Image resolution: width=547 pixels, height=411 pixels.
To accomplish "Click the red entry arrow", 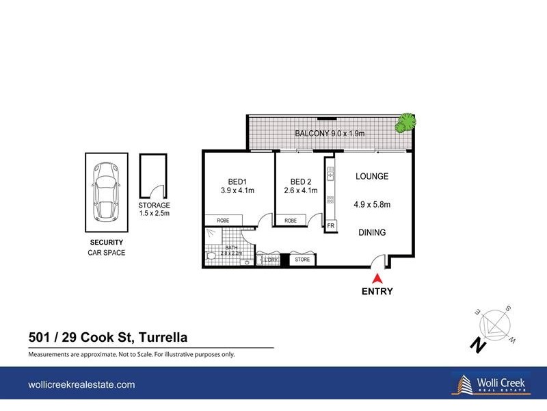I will point(377,278).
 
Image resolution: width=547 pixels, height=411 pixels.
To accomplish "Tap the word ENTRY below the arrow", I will point(377,291).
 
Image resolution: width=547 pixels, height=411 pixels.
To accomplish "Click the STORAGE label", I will point(153,206).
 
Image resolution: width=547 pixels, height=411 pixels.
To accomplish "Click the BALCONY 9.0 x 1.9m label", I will point(330,134).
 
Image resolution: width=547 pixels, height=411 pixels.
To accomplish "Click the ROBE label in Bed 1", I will point(223,221).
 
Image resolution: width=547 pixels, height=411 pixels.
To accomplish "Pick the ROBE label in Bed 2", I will point(291,221).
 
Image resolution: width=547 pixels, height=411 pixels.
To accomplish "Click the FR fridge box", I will point(330,225).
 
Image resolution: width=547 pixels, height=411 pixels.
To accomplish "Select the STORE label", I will point(302,260).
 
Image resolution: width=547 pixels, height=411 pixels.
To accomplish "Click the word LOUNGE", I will point(372,177).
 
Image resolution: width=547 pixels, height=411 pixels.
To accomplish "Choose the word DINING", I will point(372,233).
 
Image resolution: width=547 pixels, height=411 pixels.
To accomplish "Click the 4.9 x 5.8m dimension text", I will point(372,204).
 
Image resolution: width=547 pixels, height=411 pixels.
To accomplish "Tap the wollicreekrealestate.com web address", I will point(81,385).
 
